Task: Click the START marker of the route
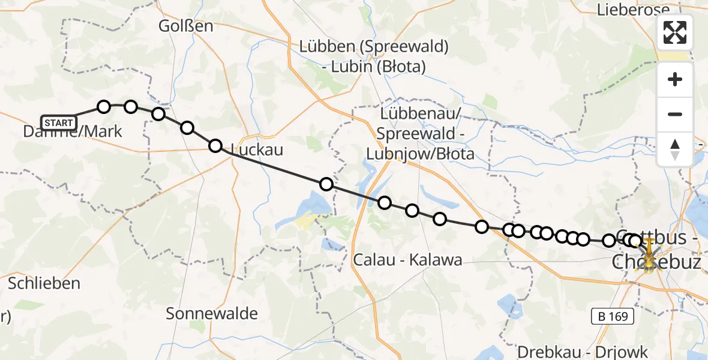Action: [59, 123]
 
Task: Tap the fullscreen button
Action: [675, 32]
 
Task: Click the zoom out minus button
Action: [675, 114]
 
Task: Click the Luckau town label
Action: [256, 149]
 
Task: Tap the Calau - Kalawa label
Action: [408, 260]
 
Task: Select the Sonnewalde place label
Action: [212, 313]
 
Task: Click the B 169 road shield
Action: [612, 316]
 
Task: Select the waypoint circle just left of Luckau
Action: [215, 146]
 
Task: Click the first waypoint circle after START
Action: [104, 107]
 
